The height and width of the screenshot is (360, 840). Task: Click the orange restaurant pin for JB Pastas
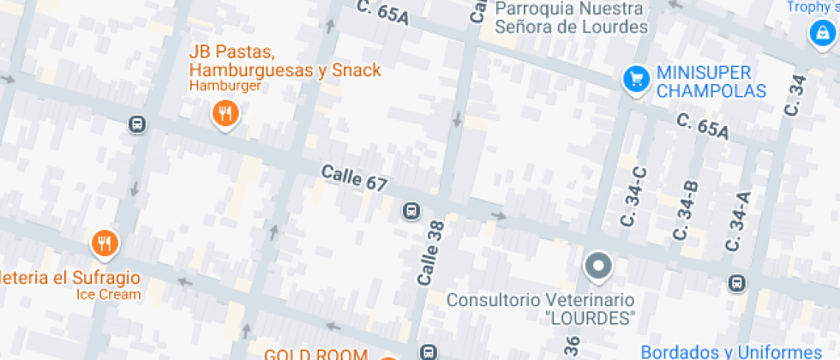pyautogui.click(x=225, y=113)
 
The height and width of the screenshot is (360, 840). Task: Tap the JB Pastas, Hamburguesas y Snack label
pyautogui.click(x=285, y=61)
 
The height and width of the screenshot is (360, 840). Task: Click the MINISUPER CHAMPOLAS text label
pyautogui.click(x=711, y=81)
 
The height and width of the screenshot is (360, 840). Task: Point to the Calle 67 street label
pyautogui.click(x=355, y=177)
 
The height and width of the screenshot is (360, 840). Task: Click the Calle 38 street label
pyautogui.click(x=429, y=252)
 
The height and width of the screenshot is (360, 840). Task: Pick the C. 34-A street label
pyautogui.click(x=737, y=221)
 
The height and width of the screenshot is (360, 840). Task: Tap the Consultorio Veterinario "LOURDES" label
pyautogui.click(x=541, y=309)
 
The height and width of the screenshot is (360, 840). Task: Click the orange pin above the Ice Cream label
pyautogui.click(x=105, y=244)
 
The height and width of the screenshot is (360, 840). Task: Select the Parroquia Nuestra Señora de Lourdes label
pyautogui.click(x=571, y=17)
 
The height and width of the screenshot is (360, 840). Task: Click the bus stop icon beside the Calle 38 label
pyautogui.click(x=411, y=210)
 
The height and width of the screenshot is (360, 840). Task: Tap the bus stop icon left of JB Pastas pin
pyautogui.click(x=136, y=125)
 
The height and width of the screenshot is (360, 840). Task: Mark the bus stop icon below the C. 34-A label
pyautogui.click(x=736, y=283)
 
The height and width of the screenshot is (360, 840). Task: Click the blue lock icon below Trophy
pyautogui.click(x=821, y=34)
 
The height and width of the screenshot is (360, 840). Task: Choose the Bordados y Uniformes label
pyautogui.click(x=730, y=351)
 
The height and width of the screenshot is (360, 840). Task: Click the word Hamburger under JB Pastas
pyautogui.click(x=225, y=87)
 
